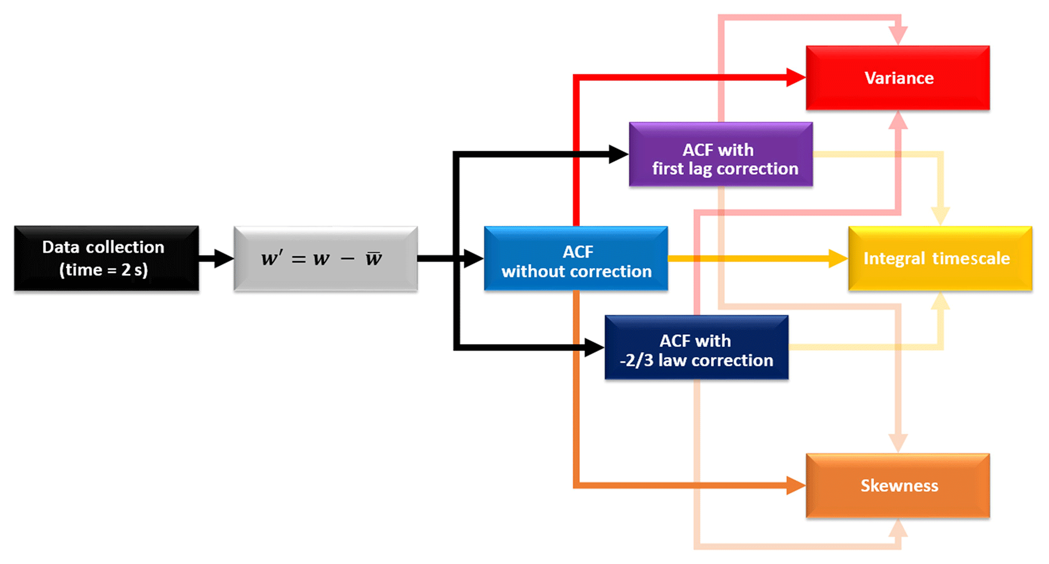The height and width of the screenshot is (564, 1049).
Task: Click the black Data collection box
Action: click(106, 258)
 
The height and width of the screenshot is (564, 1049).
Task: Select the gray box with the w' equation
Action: click(325, 258)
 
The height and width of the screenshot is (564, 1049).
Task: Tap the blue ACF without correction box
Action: click(576, 258)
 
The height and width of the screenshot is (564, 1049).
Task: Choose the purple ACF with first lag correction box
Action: click(721, 154)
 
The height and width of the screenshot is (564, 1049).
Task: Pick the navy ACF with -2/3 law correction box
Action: click(696, 347)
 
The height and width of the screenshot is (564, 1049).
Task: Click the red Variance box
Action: click(897, 78)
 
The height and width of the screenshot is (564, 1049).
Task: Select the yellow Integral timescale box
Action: click(940, 258)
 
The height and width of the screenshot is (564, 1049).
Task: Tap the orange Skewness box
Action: click(897, 485)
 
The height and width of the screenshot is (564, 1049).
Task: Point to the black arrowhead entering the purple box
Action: click(618, 154)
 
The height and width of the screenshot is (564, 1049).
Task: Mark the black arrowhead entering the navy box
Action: click(593, 347)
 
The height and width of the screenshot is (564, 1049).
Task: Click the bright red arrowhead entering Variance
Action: click(795, 78)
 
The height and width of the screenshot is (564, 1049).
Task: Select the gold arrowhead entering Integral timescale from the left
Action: click(837, 258)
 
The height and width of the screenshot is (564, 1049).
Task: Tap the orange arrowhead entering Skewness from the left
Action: click(795, 485)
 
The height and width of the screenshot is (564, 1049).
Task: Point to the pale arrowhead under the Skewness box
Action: click(898, 528)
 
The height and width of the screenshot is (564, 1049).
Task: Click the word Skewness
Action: click(899, 486)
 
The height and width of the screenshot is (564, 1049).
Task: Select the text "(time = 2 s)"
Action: click(104, 270)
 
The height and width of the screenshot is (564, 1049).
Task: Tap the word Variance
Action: click(899, 78)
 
